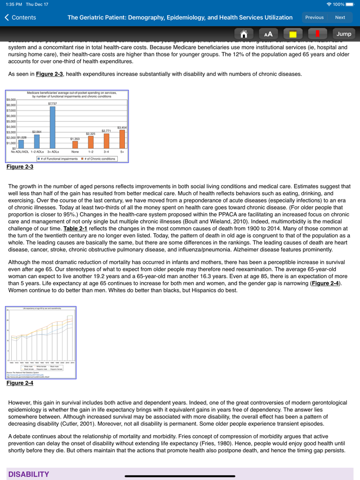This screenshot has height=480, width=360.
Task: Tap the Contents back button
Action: tap(21, 17)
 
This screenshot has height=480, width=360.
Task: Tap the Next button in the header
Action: tap(340, 17)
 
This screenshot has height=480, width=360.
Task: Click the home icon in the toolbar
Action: tap(244, 34)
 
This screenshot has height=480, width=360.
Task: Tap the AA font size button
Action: tap(268, 34)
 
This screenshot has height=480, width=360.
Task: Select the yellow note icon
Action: tap(293, 34)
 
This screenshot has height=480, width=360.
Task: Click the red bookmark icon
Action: tap(317, 34)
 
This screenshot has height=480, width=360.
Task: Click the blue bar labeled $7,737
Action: tap(52, 127)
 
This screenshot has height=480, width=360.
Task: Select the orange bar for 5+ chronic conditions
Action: tap(122, 139)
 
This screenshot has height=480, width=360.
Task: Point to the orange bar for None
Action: tap(75, 144)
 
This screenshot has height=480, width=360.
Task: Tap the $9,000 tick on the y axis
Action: tap(11, 100)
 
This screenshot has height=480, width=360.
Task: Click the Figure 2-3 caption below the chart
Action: tap(20, 167)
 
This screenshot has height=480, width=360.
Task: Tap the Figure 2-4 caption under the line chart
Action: tap(20, 383)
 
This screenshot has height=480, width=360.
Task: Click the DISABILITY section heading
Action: tap(29, 474)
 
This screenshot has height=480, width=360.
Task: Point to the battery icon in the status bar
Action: tap(350, 4)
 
